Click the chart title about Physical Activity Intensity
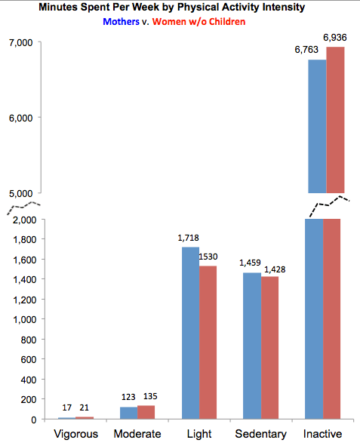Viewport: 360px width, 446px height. point(179,8)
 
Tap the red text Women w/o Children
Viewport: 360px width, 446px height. point(198,22)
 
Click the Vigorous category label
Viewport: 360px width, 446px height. point(77,434)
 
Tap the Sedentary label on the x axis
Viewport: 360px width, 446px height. point(260,434)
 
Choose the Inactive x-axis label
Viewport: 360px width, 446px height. point(322,434)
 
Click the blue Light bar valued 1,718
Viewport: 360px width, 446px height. point(190,332)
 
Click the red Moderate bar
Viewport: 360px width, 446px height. point(146,412)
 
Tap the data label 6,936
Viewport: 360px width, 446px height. point(335,37)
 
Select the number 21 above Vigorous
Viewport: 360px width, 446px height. point(85,408)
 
